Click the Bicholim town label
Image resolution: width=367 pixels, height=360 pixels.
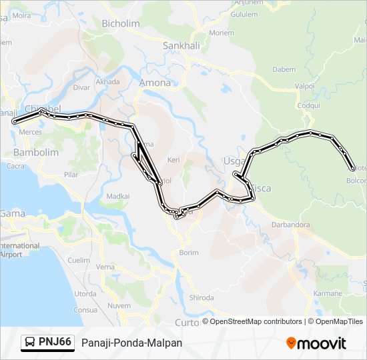pyautogui.click(x=121, y=23)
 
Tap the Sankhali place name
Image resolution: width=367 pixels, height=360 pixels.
pyautogui.click(x=177, y=46)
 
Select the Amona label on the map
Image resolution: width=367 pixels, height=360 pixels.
pyautogui.click(x=154, y=83)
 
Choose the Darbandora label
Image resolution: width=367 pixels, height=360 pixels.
pyautogui.click(x=290, y=225)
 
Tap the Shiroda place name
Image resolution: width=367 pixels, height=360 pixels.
pyautogui.click(x=202, y=297)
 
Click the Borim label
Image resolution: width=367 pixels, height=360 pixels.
pyautogui.click(x=189, y=253)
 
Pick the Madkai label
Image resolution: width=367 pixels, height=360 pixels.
pyautogui.click(x=118, y=196)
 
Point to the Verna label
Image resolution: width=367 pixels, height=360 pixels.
pyautogui.click(x=105, y=267)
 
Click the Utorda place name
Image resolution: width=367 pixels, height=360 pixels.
pyautogui.click(x=85, y=293)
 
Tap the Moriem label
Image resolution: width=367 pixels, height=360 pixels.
pyautogui.click(x=222, y=32)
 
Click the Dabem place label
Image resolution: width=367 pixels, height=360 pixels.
pyautogui.click(x=284, y=69)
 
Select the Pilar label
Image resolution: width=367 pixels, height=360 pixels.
pyautogui.click(x=71, y=174)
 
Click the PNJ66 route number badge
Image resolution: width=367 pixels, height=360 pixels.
pyautogui.click(x=55, y=342)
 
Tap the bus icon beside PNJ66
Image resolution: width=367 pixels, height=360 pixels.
pyautogui.click(x=30, y=343)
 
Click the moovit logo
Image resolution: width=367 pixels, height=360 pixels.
pyautogui.click(x=316, y=343)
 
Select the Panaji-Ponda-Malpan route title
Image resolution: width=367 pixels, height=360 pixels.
pyautogui.click(x=131, y=343)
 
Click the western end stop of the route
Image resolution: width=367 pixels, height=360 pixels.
pyautogui.click(x=15, y=121)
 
